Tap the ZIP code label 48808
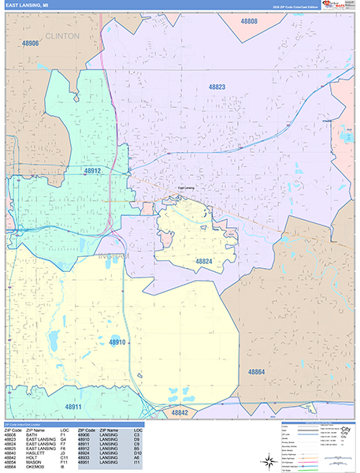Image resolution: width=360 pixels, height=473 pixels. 248,21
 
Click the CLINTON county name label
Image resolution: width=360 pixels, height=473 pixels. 63,36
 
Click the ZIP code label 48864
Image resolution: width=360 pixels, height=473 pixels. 258,371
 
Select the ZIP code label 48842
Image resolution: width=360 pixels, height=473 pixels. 180,412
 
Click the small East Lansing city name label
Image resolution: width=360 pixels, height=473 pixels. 186,188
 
